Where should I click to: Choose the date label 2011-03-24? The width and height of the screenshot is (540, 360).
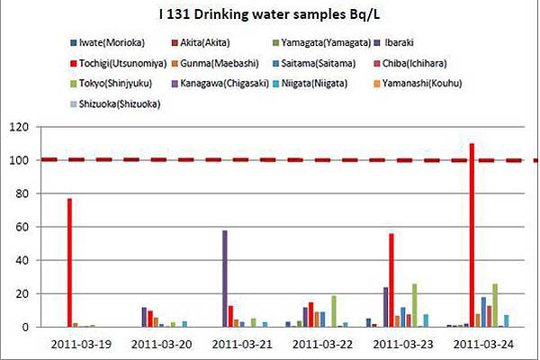[x=481, y=345]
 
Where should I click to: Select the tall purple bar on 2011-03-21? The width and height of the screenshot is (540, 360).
[x=225, y=279]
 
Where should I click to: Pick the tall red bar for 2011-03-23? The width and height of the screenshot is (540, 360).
[x=391, y=280]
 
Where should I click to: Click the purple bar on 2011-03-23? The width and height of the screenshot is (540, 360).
[x=385, y=307]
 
